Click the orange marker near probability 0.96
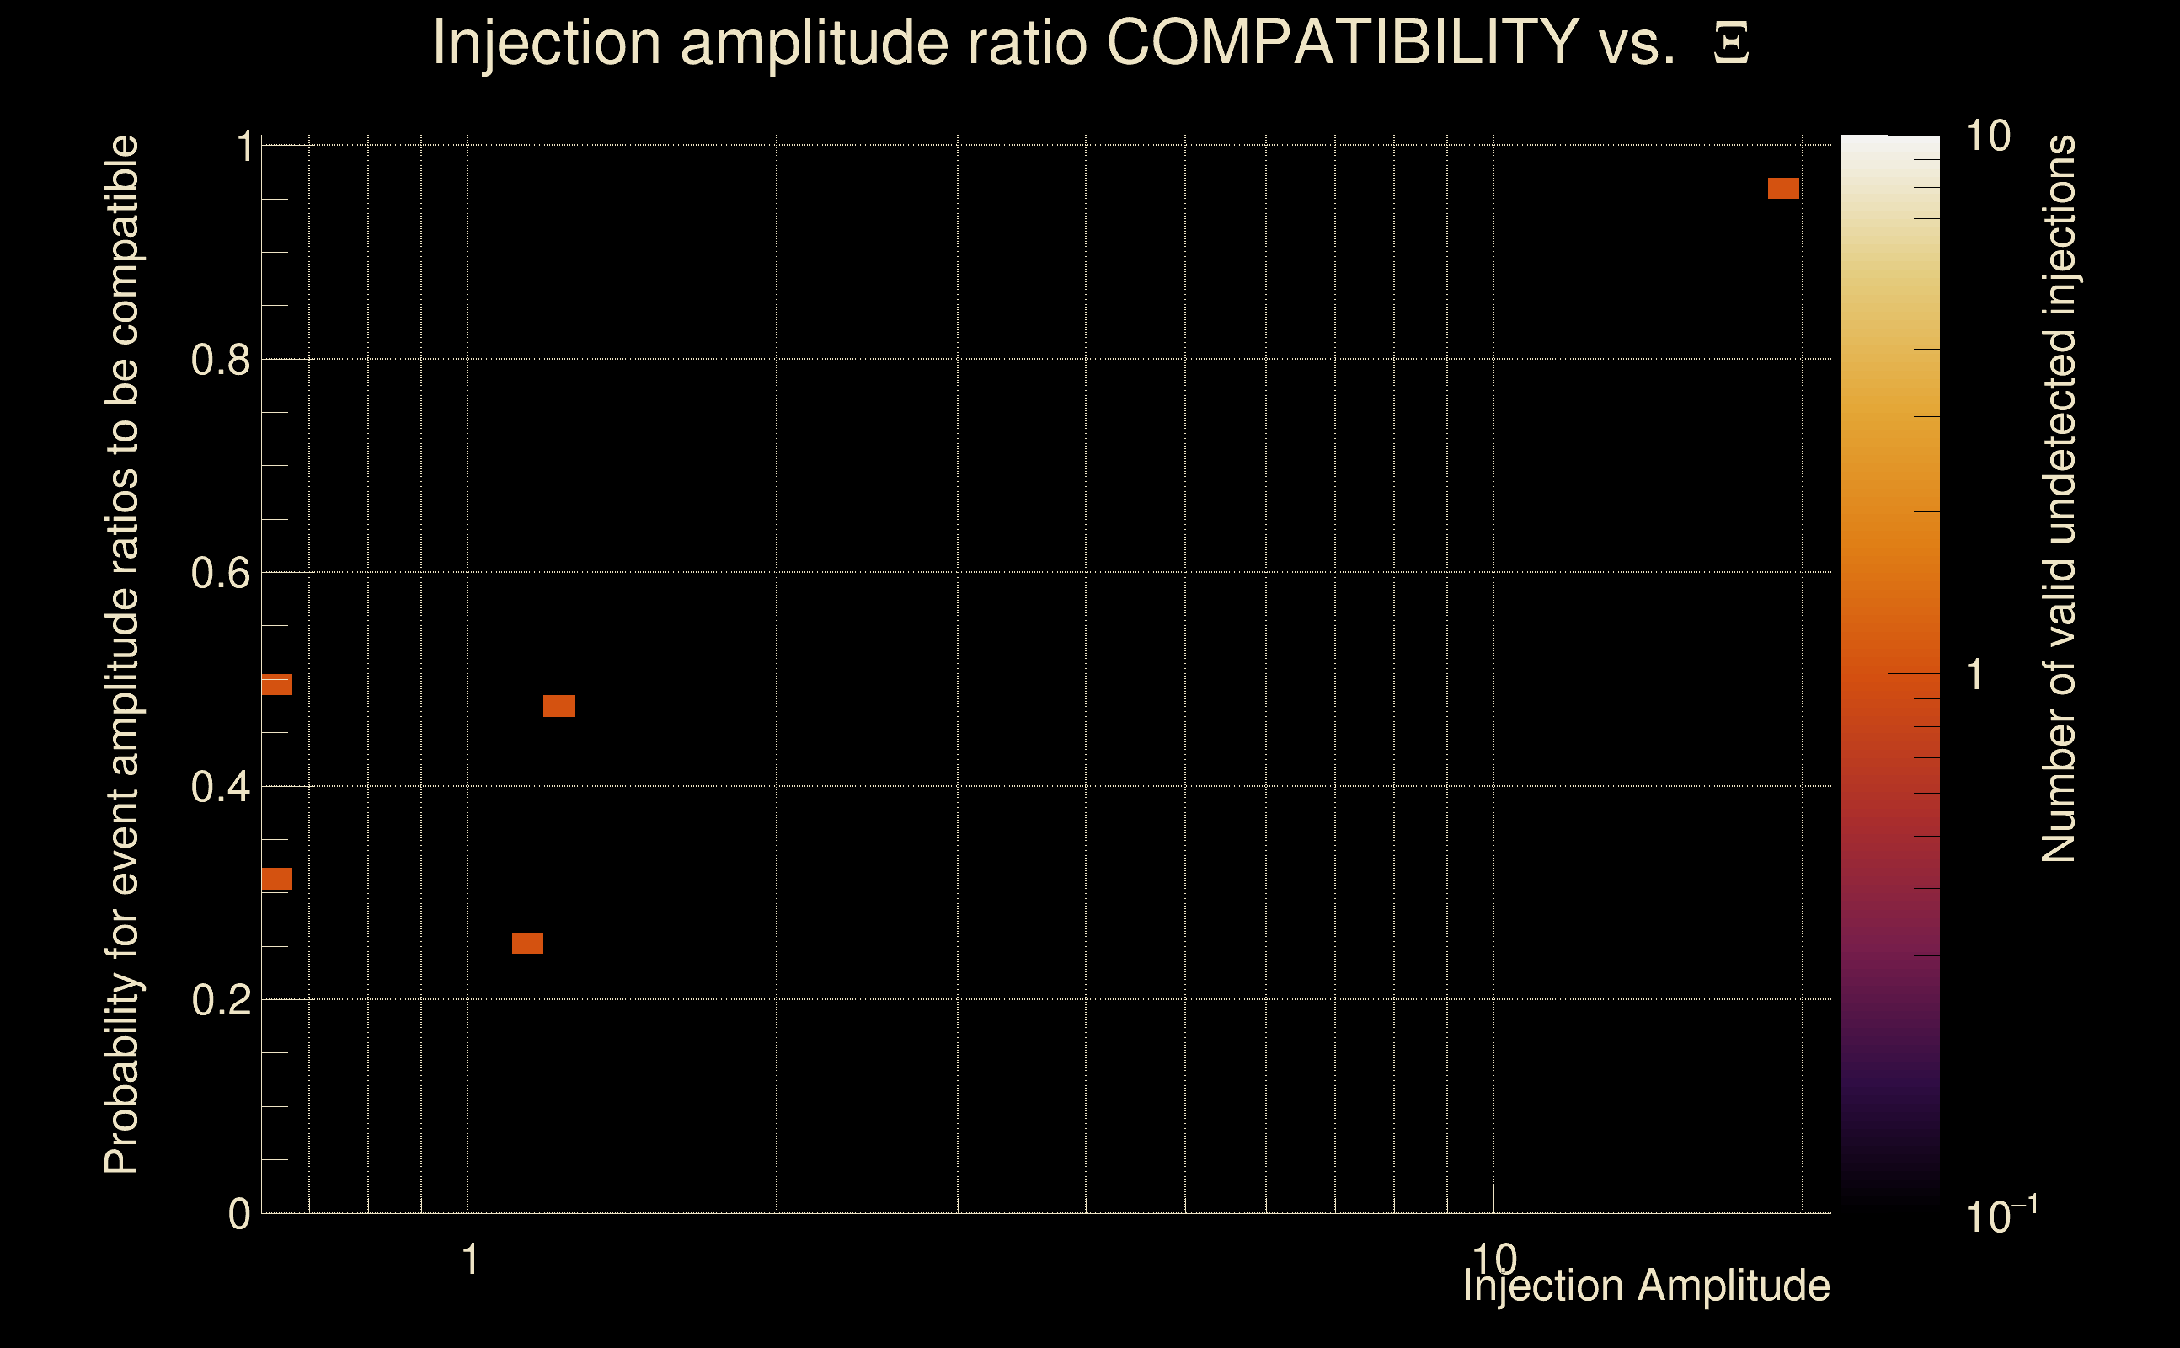pos(1783,188)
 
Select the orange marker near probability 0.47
pos(558,706)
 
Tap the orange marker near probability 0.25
pos(527,944)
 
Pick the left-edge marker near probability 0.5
pos(276,685)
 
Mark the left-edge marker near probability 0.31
pos(276,879)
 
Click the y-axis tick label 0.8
pos(220,361)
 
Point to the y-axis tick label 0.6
pos(220,573)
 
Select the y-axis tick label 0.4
pos(220,787)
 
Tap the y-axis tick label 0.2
pos(220,1000)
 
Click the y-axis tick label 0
pos(239,1214)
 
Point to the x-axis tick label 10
pos(1493,1259)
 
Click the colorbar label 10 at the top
pos(1987,137)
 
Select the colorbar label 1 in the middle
pos(1975,675)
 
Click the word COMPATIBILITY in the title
pos(1342,42)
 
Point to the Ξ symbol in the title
pos(1731,44)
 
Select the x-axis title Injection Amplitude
pos(1646,1286)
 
